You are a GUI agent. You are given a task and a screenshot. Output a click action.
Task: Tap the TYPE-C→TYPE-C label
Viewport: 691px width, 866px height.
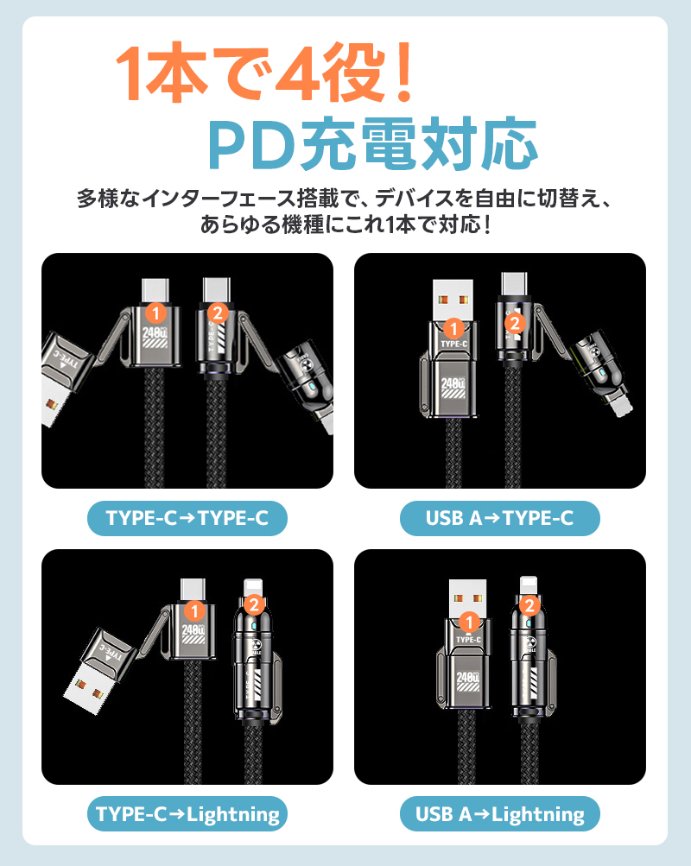tap(187, 518)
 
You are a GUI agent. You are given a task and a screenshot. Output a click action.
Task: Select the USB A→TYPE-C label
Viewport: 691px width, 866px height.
tap(499, 518)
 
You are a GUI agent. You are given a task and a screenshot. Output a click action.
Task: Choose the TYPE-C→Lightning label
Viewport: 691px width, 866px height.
tap(187, 813)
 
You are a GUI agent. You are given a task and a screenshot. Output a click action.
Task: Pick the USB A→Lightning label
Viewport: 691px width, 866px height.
tap(499, 813)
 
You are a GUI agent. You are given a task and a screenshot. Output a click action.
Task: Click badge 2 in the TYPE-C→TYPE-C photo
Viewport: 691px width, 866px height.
tap(217, 312)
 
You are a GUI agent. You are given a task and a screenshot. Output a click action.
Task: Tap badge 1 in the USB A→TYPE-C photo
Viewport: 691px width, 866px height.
tap(453, 328)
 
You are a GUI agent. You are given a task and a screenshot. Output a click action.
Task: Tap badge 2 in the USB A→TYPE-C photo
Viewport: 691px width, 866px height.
tap(514, 324)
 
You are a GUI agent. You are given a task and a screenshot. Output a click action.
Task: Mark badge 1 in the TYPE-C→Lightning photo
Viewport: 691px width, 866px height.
tap(196, 610)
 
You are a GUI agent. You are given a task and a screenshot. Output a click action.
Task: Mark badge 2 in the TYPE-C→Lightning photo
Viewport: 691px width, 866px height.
tap(254, 604)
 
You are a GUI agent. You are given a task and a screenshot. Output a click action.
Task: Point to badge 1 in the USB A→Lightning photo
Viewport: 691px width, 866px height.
tap(469, 622)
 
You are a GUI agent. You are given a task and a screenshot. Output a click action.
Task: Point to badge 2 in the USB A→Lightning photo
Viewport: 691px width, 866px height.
tap(531, 605)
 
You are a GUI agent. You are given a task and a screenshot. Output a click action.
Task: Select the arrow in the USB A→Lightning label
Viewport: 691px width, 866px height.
tap(481, 813)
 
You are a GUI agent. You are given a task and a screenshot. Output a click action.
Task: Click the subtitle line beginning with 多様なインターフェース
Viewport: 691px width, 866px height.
tap(345, 199)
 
